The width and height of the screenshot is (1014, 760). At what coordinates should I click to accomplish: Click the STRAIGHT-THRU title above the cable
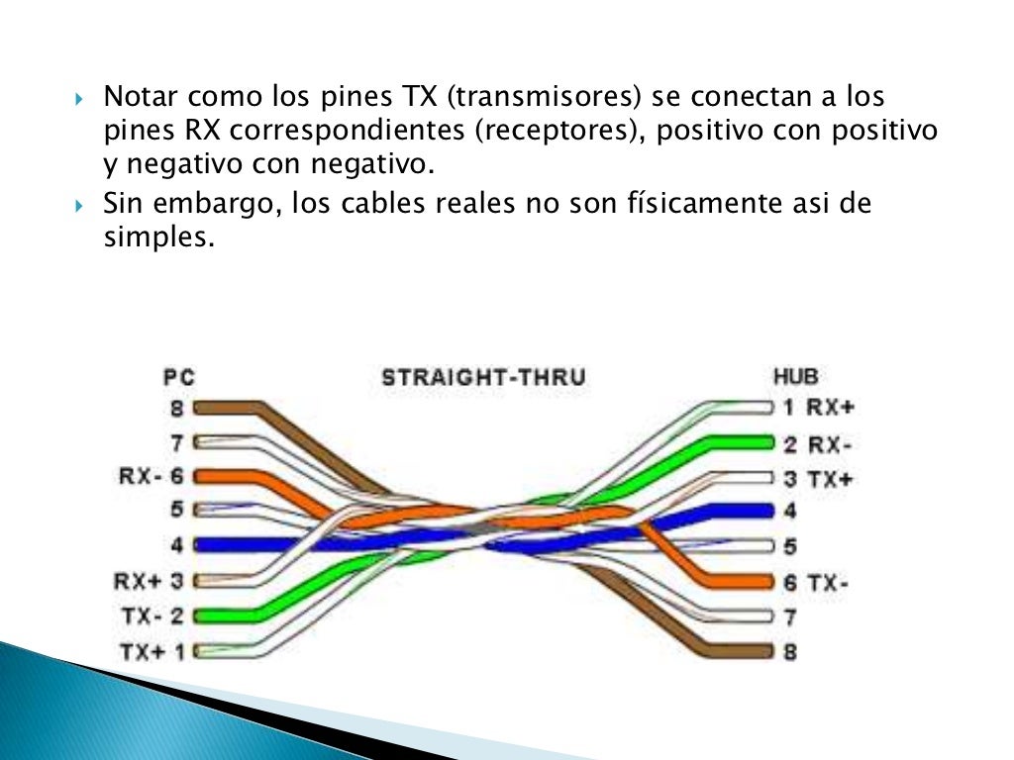(483, 377)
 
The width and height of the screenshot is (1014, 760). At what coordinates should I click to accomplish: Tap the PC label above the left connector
(179, 377)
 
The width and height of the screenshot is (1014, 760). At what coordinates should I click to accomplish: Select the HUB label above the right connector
(795, 377)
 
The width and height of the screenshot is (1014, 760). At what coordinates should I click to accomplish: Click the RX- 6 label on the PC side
(152, 476)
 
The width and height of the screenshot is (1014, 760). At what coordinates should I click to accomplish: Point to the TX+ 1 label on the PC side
(152, 651)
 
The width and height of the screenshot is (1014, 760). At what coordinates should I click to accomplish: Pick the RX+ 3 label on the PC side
(152, 581)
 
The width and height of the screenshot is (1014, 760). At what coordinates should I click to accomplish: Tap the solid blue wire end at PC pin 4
(213, 544)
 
